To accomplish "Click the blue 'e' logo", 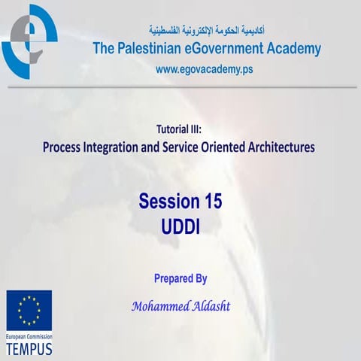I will [x=29, y=41].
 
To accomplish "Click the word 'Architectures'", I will [x=284, y=147].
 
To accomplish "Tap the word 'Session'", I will [x=168, y=202].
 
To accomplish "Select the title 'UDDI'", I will [x=180, y=225].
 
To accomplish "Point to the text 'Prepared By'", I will [x=180, y=278].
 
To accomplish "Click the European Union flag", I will [x=29, y=310].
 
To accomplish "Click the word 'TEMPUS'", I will [x=30, y=350].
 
